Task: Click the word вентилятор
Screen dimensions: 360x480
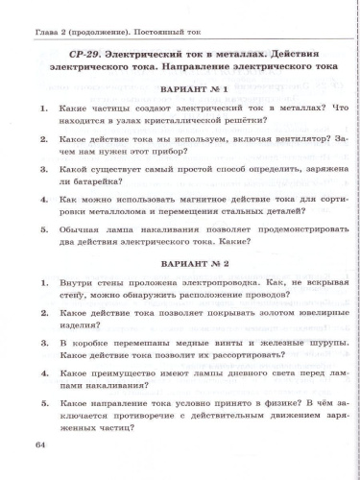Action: tap(266, 138)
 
